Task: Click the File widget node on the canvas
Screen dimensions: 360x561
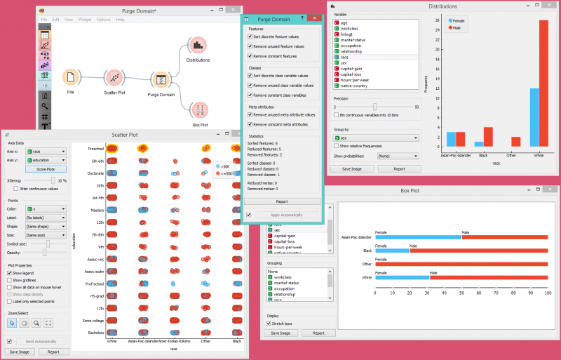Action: click(70, 77)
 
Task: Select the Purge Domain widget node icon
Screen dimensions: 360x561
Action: click(161, 80)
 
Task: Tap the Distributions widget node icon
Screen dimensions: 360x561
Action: click(198, 46)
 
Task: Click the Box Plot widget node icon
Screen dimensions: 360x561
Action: click(199, 109)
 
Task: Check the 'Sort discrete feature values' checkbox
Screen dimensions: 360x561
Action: click(250, 38)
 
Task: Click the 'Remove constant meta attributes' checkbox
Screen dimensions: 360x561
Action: click(250, 124)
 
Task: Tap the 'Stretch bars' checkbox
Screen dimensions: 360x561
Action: click(266, 324)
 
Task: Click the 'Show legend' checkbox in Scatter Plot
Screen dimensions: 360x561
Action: click(9, 273)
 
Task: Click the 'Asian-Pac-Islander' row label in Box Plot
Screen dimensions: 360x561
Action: click(356, 237)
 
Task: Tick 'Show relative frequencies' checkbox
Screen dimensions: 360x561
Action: click(337, 145)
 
